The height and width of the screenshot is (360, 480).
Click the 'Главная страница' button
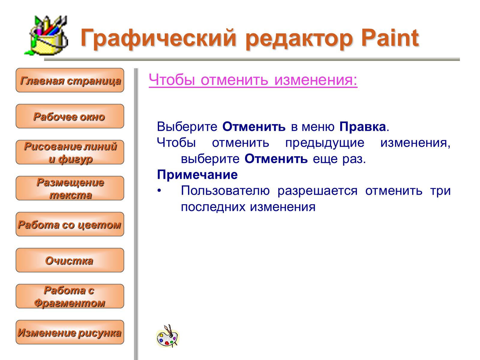coord(70,80)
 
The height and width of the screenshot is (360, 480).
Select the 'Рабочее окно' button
coord(70,116)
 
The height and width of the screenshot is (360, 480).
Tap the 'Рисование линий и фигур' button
coord(70,152)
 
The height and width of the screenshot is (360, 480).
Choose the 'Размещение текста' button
coord(70,188)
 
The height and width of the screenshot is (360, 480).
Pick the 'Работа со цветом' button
coord(70,224)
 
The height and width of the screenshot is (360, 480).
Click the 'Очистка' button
coord(70,260)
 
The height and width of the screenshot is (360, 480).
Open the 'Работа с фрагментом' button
coord(70,296)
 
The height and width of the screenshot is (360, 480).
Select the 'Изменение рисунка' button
coord(70,332)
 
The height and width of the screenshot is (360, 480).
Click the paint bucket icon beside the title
coord(46,35)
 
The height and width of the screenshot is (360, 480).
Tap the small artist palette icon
coord(168,336)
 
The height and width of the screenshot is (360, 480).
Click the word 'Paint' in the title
coord(390,38)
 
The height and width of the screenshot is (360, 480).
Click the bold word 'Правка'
coord(363,127)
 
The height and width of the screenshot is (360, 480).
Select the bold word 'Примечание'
coord(197,175)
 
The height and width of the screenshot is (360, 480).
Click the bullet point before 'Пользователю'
coord(159,191)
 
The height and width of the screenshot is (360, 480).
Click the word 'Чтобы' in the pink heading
coord(172,79)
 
